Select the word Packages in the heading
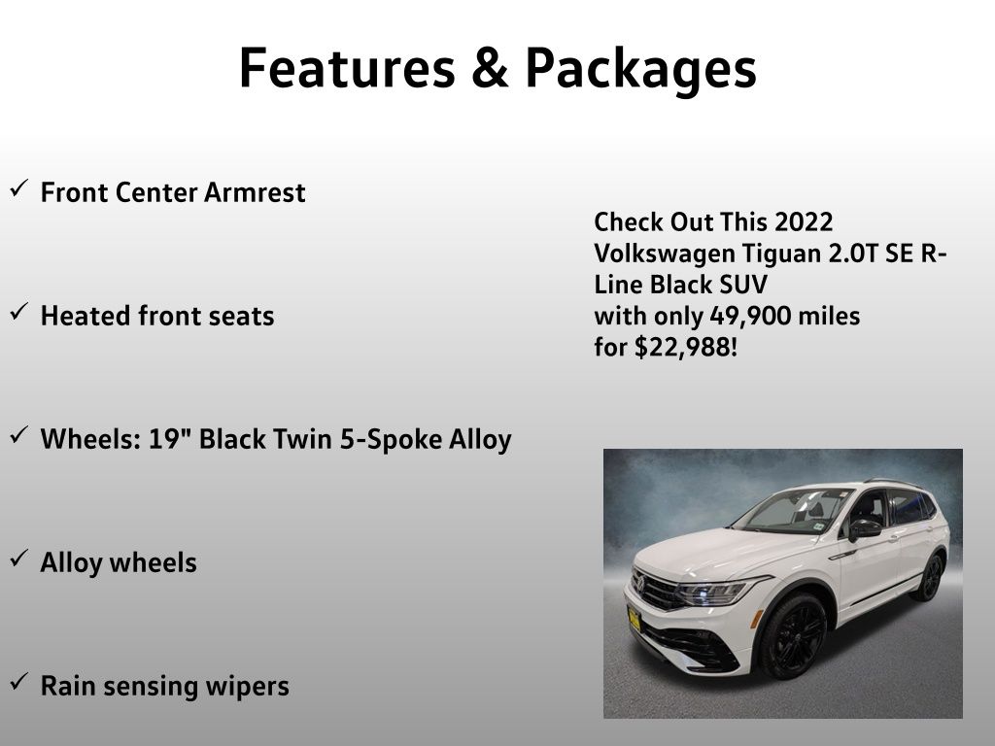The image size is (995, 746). tap(641, 71)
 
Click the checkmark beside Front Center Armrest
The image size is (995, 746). tap(19, 188)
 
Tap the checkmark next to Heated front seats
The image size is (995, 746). tap(19, 312)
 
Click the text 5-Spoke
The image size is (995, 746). tap(391, 440)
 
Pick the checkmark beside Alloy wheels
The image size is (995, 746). tap(19, 559)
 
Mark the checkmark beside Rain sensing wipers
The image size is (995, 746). tap(19, 681)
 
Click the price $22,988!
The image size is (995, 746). tap(686, 347)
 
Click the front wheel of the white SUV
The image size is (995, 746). tap(793, 635)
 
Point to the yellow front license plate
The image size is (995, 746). tap(634, 619)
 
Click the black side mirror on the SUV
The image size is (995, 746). tap(863, 529)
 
